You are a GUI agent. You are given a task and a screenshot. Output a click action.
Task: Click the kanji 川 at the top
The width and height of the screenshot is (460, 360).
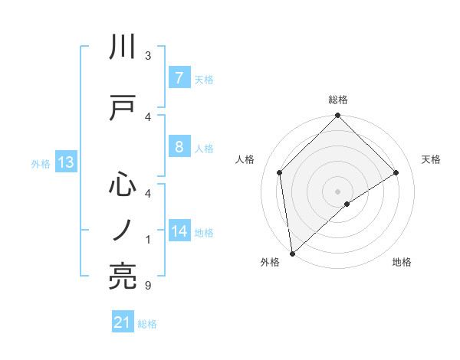[123, 47]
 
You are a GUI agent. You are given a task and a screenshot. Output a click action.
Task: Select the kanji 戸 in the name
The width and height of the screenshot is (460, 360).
[123, 107]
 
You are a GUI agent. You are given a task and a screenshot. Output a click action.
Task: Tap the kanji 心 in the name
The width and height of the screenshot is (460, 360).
[123, 184]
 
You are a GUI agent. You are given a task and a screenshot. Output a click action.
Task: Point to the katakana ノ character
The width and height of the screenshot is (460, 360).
[123, 230]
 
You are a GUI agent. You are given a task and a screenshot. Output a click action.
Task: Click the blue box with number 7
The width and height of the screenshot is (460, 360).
[179, 77]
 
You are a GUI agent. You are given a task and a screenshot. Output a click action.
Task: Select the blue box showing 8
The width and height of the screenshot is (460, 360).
[179, 147]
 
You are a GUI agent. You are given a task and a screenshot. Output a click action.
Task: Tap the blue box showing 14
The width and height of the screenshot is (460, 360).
[179, 231]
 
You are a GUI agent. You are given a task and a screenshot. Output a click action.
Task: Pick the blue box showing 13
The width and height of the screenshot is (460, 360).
[65, 162]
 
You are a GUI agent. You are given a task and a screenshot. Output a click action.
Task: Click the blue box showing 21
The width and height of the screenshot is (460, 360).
[123, 323]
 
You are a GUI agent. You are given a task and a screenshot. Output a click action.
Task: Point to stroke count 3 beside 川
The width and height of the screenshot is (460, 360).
[148, 56]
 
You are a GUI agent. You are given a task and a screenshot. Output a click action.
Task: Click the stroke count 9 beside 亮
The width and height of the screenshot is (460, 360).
[148, 286]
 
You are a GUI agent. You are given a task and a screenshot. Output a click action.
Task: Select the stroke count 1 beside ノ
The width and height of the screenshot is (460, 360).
[148, 240]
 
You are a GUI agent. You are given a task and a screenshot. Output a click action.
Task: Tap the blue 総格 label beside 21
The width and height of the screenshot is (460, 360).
[147, 324]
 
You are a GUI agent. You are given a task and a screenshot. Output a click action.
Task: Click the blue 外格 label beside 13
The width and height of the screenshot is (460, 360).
[40, 163]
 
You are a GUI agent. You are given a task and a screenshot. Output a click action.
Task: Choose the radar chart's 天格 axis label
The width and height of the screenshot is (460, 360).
[432, 159]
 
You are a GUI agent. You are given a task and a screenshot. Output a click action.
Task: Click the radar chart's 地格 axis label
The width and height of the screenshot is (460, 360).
[402, 262]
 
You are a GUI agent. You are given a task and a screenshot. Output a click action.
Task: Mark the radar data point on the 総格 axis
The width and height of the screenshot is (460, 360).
[338, 116]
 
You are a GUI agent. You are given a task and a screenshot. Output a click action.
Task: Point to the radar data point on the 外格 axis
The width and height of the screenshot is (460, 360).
[292, 254]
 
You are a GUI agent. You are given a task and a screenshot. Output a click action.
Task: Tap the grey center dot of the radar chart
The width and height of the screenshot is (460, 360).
[338, 191]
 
